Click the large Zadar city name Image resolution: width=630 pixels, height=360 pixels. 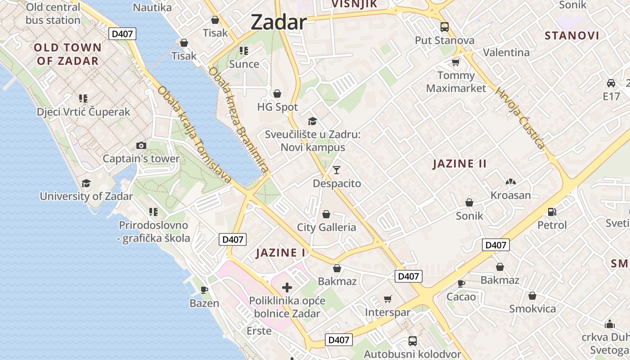pyautogui.click(x=279, y=22)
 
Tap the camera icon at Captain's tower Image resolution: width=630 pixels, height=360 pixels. pyautogui.click(x=141, y=145)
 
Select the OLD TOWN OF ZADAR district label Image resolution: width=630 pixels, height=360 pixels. pyautogui.click(x=67, y=54)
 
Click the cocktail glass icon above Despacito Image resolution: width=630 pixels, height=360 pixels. pyautogui.click(x=337, y=170)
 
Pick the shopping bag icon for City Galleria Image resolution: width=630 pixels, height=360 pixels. pyautogui.click(x=326, y=214)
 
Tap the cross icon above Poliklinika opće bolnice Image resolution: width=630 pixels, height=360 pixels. pyautogui.click(x=287, y=287)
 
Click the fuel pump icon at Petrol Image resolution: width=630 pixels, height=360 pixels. pyautogui.click(x=552, y=211)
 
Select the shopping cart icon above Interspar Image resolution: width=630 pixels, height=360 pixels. pyautogui.click(x=387, y=299)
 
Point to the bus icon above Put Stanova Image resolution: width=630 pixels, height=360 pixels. pyautogui.click(x=445, y=27)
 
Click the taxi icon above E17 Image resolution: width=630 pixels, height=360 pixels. pyautogui.click(x=611, y=83)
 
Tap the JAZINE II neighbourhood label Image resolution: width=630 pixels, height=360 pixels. pyautogui.click(x=459, y=164)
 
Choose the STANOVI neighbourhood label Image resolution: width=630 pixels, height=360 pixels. pyautogui.click(x=572, y=36)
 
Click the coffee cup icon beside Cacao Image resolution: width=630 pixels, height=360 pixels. pyautogui.click(x=461, y=283)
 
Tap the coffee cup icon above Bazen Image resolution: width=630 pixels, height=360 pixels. pyautogui.click(x=204, y=289)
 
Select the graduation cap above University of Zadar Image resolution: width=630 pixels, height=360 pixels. pyautogui.click(x=86, y=183)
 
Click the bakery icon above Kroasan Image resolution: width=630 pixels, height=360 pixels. pyautogui.click(x=510, y=182)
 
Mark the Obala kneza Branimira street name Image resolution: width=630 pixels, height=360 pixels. pyautogui.click(x=238, y=121)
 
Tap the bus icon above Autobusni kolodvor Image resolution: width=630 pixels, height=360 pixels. pyautogui.click(x=412, y=341)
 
